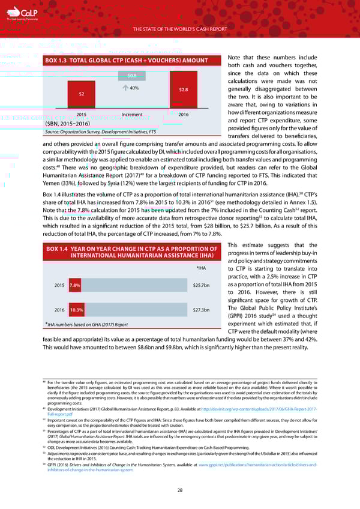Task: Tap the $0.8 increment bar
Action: [x=131, y=76]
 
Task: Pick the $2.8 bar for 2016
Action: [x=184, y=90]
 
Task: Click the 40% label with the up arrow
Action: [x=131, y=88]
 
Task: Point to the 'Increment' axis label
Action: [x=131, y=114]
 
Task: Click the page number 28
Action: [x=179, y=490]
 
